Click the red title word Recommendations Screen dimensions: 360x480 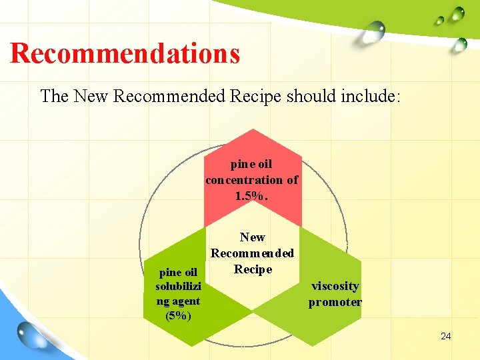pos(125,53)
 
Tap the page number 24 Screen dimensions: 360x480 pos(445,336)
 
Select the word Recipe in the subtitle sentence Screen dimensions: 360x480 pos(255,96)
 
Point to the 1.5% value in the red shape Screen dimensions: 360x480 pos(251,196)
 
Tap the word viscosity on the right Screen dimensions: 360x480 pos(335,286)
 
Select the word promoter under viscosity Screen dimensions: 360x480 pos(335,302)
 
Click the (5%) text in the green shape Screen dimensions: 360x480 pos(178,315)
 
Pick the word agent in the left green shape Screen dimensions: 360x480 pos(178,301)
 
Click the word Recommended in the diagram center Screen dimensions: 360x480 pos(252,253)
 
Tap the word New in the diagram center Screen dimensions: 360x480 pos(252,237)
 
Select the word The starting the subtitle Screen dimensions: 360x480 pos(55,96)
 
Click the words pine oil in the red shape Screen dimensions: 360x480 pos(251,164)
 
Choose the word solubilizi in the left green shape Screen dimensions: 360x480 pos(178,286)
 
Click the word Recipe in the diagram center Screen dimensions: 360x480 pos(253,269)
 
